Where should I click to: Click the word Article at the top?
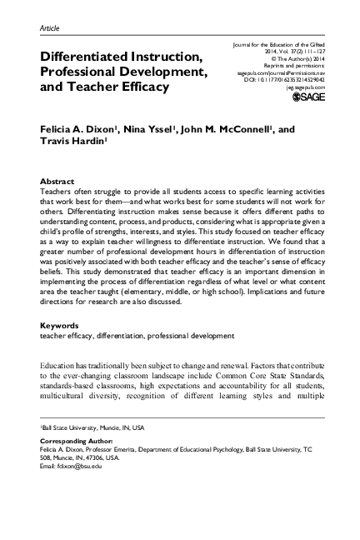[50, 27]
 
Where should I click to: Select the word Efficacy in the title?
[138, 87]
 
